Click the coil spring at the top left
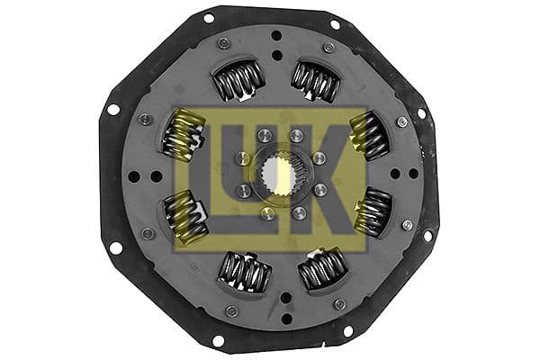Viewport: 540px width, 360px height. click(238, 81)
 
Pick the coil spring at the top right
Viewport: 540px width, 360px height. click(314, 82)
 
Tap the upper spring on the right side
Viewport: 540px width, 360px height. click(369, 134)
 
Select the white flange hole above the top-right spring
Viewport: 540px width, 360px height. click(336, 24)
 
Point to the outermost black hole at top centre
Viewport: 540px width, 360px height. click(276, 36)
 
